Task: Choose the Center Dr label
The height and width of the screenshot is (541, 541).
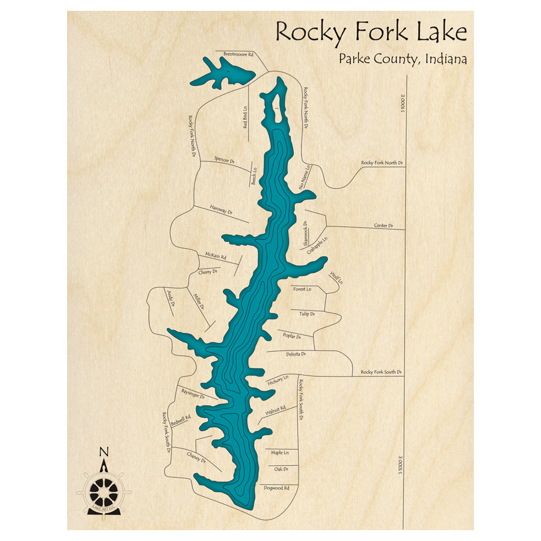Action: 383,225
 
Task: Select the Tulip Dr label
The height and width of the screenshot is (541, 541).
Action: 307,313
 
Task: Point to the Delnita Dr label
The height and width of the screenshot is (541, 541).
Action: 296,354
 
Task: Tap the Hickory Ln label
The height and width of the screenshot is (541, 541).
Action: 278,380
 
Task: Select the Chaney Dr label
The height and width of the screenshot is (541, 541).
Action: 196,457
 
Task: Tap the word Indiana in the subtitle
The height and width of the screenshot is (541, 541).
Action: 446,58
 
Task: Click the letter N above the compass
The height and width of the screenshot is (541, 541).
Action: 104,452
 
